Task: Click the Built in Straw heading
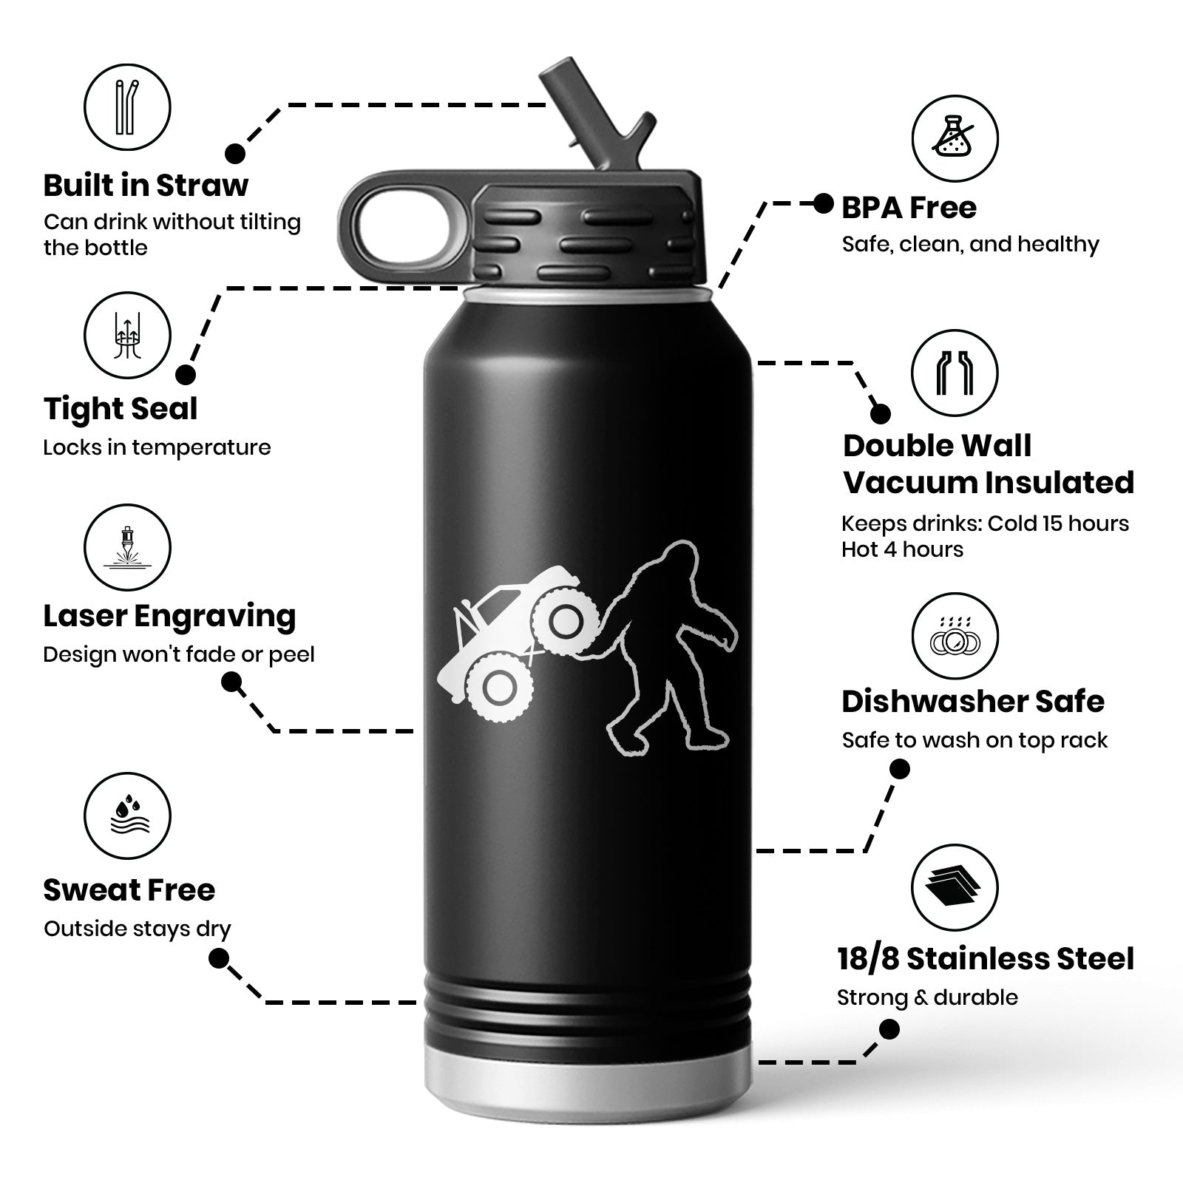point(146,185)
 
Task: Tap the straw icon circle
point(127,107)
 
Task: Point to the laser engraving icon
point(127,548)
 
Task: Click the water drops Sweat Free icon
point(127,816)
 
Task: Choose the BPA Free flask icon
point(955,138)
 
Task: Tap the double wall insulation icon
point(955,373)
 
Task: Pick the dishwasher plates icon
point(955,637)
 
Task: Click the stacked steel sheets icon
point(955,887)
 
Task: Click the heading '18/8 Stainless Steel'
point(986,958)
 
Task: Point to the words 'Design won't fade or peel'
point(179,654)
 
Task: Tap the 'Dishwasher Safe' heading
point(973,702)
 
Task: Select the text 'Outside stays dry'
point(138,929)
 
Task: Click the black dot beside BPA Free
point(824,203)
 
